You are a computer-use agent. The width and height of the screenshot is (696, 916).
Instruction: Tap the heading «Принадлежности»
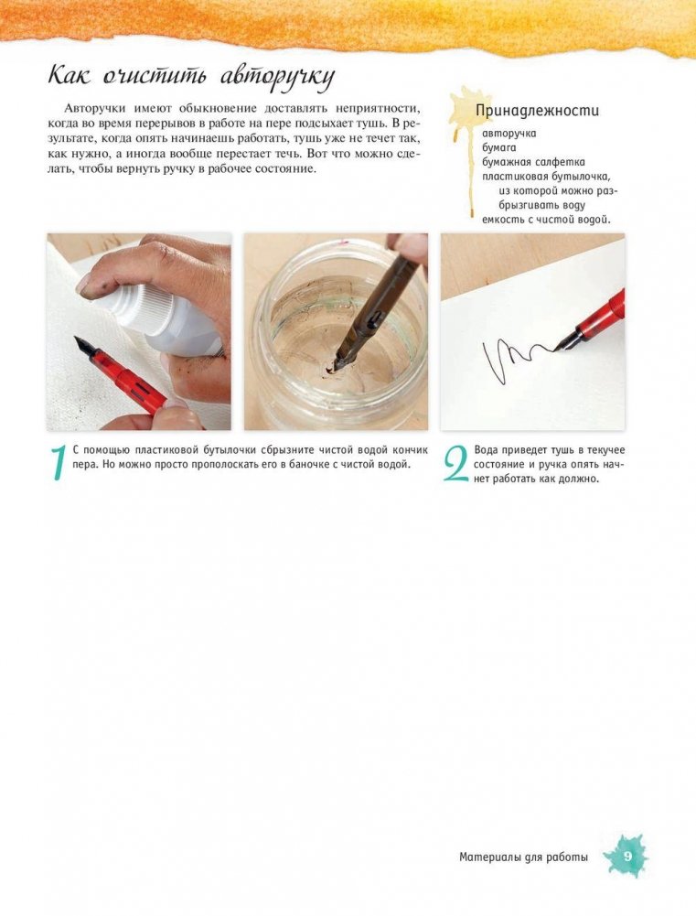click(x=537, y=111)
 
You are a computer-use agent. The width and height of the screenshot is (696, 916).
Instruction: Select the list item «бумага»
click(x=499, y=148)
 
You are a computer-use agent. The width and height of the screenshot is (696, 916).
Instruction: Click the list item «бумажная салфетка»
click(x=533, y=162)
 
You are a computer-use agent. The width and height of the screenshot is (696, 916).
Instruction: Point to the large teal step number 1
click(x=58, y=463)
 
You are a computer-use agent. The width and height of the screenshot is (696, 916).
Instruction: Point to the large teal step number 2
click(x=455, y=464)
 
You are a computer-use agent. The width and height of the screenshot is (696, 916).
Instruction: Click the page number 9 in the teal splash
click(x=627, y=857)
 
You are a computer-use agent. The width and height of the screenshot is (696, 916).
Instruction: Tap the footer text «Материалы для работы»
click(x=523, y=857)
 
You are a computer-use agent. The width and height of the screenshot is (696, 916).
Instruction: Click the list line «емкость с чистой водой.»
click(x=547, y=220)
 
